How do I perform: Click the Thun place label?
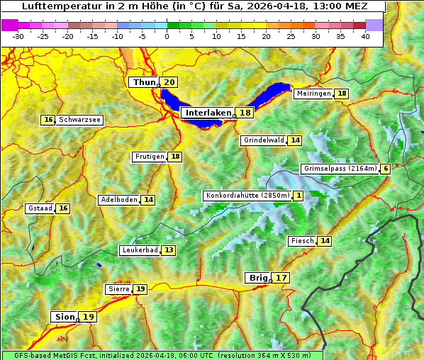pyautogui.click(x=144, y=83)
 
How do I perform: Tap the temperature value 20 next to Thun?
pyautogui.click(x=169, y=83)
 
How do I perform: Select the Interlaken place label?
pyautogui.click(x=208, y=113)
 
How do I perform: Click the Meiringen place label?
pyautogui.click(x=313, y=94)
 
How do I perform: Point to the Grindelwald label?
pyautogui.click(x=263, y=140)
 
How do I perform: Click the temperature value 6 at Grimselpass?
pyautogui.click(x=385, y=169)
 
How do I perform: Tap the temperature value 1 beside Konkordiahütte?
pyautogui.click(x=299, y=196)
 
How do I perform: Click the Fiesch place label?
pyautogui.click(x=302, y=241)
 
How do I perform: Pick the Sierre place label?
pyautogui.click(x=118, y=289)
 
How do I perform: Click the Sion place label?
pyautogui.click(x=63, y=317)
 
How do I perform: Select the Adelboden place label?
pyautogui.click(x=118, y=200)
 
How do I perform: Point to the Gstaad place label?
pyautogui.click(x=40, y=208)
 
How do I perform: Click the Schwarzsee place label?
pyautogui.click(x=79, y=120)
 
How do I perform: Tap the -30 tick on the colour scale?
pyautogui.click(x=18, y=35)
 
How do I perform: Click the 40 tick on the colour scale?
pyautogui.click(x=365, y=35)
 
